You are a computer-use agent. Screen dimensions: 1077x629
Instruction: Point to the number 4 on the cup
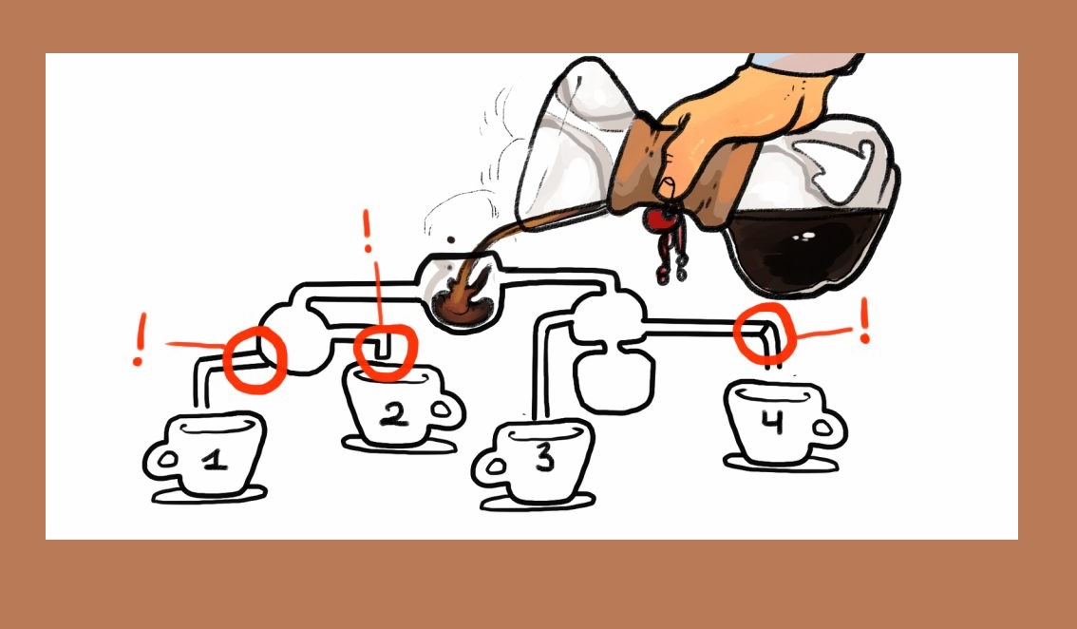[773, 421]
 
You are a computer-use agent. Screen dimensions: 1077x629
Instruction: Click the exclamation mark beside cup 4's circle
[864, 320]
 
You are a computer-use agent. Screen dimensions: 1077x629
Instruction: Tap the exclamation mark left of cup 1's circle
[141, 339]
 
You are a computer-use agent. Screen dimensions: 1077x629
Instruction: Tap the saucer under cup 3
[538, 504]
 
